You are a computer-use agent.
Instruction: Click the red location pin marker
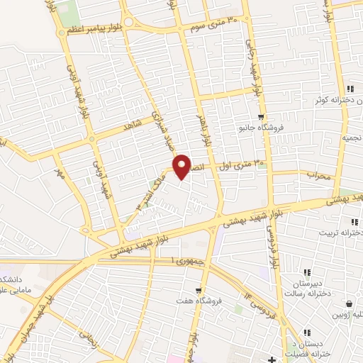182,167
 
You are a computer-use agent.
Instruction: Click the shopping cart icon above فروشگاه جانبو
262,117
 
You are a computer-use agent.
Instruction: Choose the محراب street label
319,174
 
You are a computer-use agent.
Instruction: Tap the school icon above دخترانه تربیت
350,220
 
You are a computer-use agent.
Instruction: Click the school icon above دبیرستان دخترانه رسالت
307,272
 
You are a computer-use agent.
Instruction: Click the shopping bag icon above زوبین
350,301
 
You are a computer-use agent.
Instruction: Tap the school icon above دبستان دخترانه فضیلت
307,332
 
